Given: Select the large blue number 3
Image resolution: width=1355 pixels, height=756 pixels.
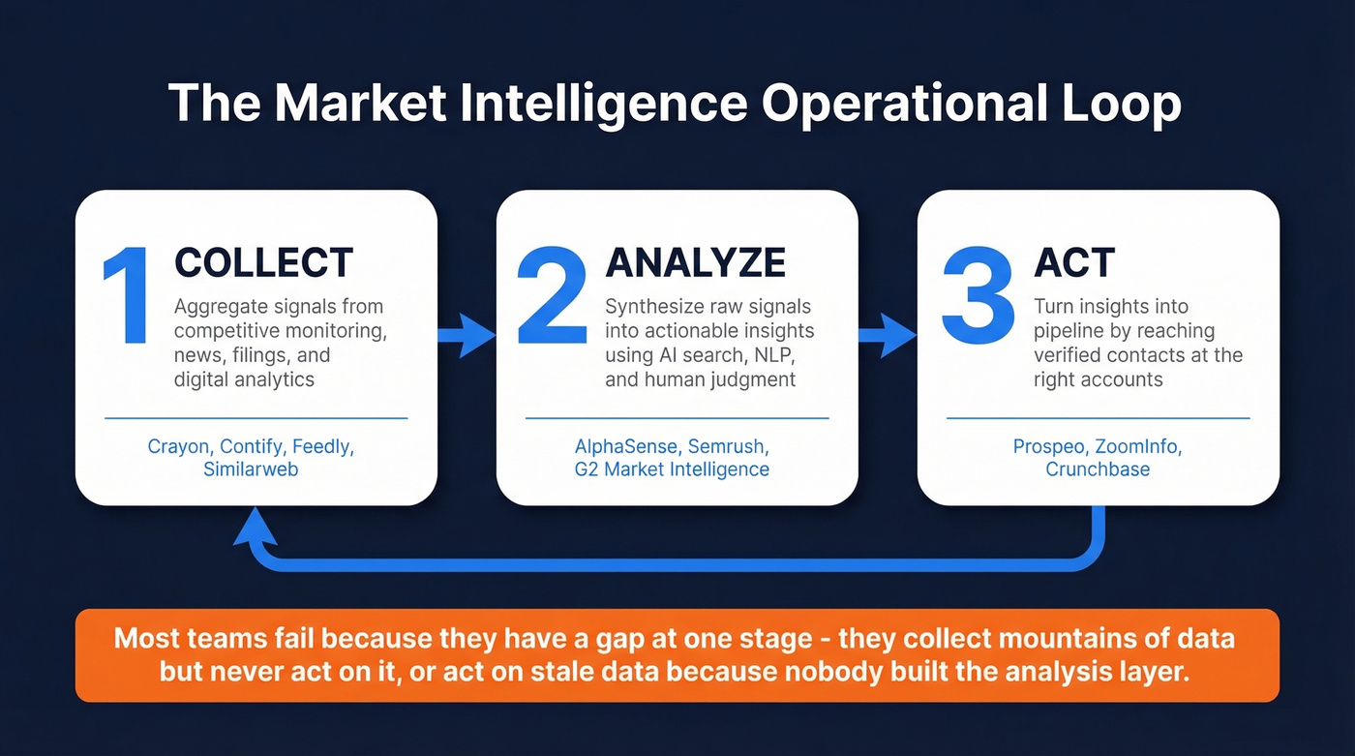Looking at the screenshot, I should [x=978, y=296].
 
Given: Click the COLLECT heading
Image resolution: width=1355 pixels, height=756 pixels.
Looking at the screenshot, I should [x=263, y=263].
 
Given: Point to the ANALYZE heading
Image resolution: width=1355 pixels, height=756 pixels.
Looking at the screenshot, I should [x=695, y=263].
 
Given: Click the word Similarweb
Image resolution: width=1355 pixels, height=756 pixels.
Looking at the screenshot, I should [x=251, y=469].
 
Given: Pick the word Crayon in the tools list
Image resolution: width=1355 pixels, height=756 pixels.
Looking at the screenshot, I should [x=178, y=446].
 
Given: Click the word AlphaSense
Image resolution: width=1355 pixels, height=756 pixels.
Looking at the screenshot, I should [x=628, y=446].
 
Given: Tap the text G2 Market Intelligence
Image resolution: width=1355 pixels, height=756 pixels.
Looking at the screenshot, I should [x=672, y=469].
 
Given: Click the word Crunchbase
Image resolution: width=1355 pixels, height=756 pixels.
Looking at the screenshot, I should [x=1098, y=469].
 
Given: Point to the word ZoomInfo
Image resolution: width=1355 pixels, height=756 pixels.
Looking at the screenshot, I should [x=1140, y=446].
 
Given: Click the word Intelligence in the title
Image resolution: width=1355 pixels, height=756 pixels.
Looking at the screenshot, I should [x=604, y=104].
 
